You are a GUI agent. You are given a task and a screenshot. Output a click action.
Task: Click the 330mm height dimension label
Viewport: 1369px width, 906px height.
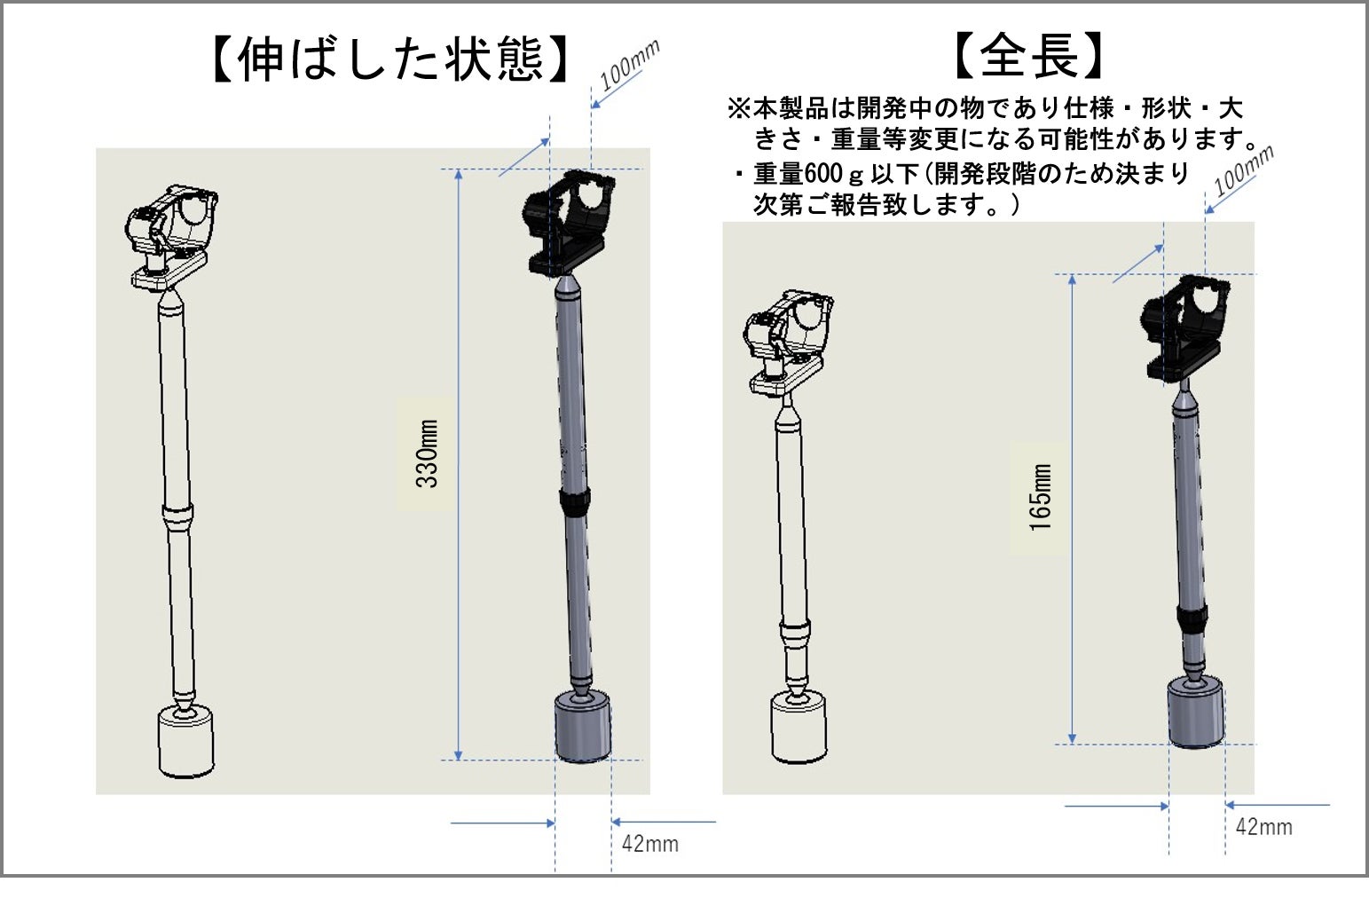pyautogui.click(x=427, y=453)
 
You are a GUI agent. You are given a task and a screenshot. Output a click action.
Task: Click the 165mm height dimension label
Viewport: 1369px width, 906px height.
pyautogui.click(x=1041, y=497)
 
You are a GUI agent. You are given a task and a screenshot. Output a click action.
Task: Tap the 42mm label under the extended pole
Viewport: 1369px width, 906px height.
pyautogui.click(x=649, y=844)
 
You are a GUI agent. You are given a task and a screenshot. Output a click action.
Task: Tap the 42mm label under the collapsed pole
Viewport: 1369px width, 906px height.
pyautogui.click(x=1264, y=827)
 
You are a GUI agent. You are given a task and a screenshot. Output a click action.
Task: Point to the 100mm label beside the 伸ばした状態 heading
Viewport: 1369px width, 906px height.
pyautogui.click(x=630, y=64)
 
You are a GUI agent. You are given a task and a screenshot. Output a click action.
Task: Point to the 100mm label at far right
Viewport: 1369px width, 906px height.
pyautogui.click(x=1244, y=170)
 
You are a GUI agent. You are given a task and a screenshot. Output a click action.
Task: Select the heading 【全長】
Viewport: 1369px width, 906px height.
pyautogui.click(x=1029, y=56)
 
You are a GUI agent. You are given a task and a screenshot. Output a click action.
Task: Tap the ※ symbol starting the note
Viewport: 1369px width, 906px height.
pyautogui.click(x=739, y=109)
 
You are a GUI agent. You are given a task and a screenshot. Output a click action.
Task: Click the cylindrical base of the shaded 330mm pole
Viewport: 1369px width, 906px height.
pyautogui.click(x=582, y=727)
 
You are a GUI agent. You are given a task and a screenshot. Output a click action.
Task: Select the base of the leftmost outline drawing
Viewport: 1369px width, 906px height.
pyautogui.click(x=185, y=742)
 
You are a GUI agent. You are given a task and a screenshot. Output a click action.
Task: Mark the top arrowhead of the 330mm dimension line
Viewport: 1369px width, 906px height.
pyautogui.click(x=459, y=174)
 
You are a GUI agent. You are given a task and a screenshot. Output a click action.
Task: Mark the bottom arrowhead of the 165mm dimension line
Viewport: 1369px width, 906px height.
pyautogui.click(x=1072, y=739)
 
